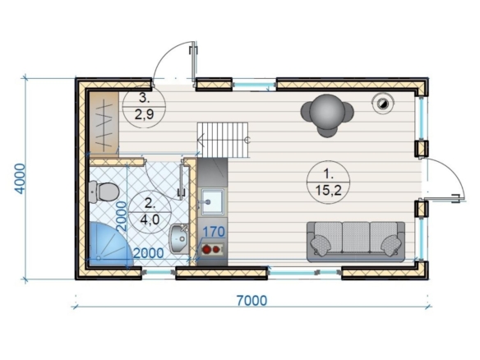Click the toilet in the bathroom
104,192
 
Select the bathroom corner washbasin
179,239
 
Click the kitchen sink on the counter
212,201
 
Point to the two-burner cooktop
212,249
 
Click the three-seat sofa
356,242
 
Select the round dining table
327,112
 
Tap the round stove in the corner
383,104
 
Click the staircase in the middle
223,140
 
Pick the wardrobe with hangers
104,123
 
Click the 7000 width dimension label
252,301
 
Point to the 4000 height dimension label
21,179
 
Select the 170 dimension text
214,232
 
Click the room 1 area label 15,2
328,191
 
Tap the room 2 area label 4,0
150,219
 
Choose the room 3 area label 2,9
144,115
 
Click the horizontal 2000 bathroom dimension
149,253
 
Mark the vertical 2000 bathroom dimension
122,216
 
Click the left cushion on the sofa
321,245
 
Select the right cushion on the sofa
391,245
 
